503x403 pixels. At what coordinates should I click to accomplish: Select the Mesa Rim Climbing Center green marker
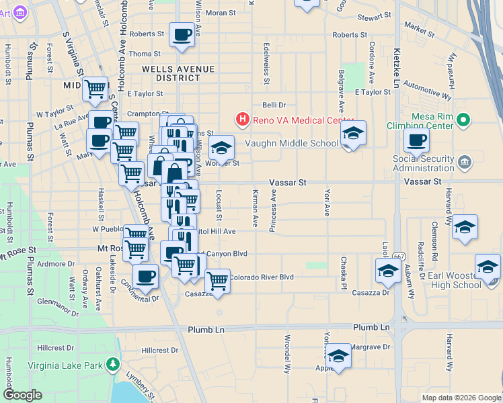tap(463, 120)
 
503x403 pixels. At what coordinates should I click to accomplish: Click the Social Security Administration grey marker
tap(464, 163)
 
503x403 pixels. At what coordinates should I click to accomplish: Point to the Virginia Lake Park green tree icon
tap(113, 365)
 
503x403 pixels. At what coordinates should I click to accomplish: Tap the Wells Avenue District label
tap(178, 73)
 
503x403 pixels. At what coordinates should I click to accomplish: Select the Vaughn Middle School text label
tap(292, 143)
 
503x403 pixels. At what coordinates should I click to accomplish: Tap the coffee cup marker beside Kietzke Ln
tap(416, 140)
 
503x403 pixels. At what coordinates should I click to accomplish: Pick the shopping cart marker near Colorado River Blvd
tap(217, 280)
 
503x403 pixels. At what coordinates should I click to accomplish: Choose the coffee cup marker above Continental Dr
tap(145, 275)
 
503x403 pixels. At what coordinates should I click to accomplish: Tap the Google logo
tap(22, 394)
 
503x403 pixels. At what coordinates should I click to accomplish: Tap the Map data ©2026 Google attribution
tap(461, 398)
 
